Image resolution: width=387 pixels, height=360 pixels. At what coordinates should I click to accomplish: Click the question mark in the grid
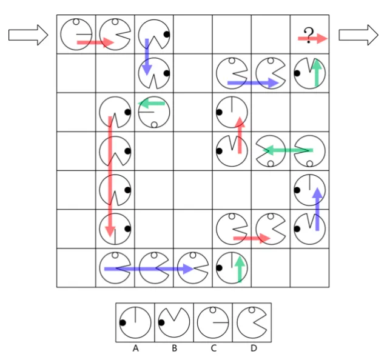point(309,35)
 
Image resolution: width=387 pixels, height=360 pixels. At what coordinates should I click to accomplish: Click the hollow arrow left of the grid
point(28,35)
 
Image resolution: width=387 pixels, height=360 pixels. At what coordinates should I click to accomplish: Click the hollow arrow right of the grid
point(358,35)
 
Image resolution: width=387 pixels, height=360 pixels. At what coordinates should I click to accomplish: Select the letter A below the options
point(135,348)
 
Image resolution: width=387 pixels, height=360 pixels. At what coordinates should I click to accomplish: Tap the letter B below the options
point(174,348)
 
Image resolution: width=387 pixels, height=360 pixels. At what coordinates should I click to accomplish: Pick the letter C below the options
point(214,348)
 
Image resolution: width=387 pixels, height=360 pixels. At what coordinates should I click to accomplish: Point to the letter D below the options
point(254,348)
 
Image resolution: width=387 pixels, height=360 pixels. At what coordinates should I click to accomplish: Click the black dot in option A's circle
point(123,322)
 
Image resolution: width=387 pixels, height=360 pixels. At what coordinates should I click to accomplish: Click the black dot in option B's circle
point(161,322)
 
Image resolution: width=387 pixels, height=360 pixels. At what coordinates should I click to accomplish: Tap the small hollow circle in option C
point(213,310)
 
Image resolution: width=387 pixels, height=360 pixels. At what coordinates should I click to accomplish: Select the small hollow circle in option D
point(252,310)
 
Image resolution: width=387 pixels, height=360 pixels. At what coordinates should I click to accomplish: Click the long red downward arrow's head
point(110,231)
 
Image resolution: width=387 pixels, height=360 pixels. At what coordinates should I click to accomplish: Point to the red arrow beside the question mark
point(313,38)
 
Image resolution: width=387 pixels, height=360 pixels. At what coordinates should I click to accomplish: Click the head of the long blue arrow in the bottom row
point(188,268)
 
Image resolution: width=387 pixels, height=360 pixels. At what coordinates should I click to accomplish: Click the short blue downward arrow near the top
point(147,57)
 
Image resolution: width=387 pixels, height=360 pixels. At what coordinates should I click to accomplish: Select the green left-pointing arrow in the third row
point(151,104)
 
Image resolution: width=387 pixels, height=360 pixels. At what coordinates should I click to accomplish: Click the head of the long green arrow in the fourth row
point(268,150)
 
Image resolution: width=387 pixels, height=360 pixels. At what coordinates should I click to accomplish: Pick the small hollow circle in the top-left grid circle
point(76,22)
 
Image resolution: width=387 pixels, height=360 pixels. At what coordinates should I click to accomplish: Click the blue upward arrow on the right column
point(317,209)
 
